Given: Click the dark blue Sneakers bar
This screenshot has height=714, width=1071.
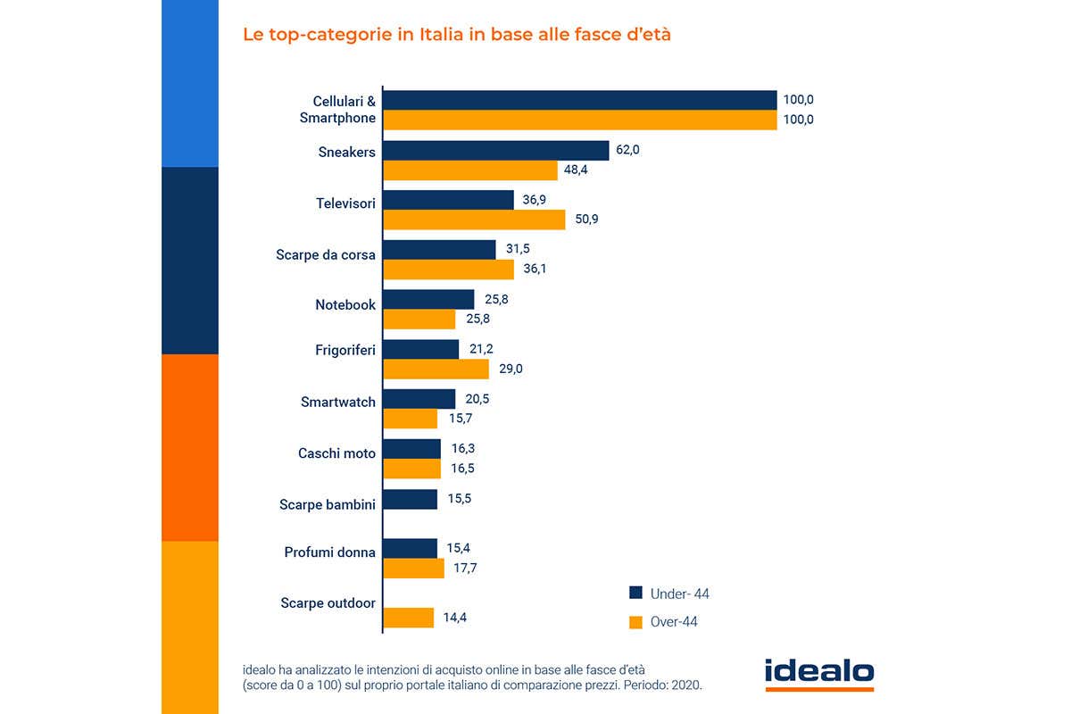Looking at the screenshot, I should [x=495, y=151].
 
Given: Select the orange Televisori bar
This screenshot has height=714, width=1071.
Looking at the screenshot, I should [x=474, y=220].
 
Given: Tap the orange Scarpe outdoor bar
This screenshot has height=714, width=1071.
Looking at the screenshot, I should [x=409, y=618].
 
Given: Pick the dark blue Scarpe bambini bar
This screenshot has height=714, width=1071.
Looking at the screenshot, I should [x=411, y=499].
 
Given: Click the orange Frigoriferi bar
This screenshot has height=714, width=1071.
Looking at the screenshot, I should [x=436, y=369].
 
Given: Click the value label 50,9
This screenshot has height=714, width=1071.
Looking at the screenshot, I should [x=585, y=219].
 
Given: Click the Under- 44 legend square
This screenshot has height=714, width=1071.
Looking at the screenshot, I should [x=636, y=593].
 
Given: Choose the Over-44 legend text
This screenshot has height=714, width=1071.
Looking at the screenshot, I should [x=674, y=622].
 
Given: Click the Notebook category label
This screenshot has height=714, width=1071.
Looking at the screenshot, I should [x=345, y=305].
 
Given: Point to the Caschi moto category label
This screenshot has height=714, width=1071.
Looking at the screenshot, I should [x=336, y=453].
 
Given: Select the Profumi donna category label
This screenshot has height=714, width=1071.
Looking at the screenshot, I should [x=330, y=552].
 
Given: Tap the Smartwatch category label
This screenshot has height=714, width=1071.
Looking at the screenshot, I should [x=338, y=403].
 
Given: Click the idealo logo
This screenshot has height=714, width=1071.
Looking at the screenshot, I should [x=819, y=673].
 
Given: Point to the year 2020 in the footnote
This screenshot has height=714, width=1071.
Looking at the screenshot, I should [x=687, y=685].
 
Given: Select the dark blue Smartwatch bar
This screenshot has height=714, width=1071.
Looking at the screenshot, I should [x=419, y=399].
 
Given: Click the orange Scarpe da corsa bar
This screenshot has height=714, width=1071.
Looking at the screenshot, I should [x=449, y=269].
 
